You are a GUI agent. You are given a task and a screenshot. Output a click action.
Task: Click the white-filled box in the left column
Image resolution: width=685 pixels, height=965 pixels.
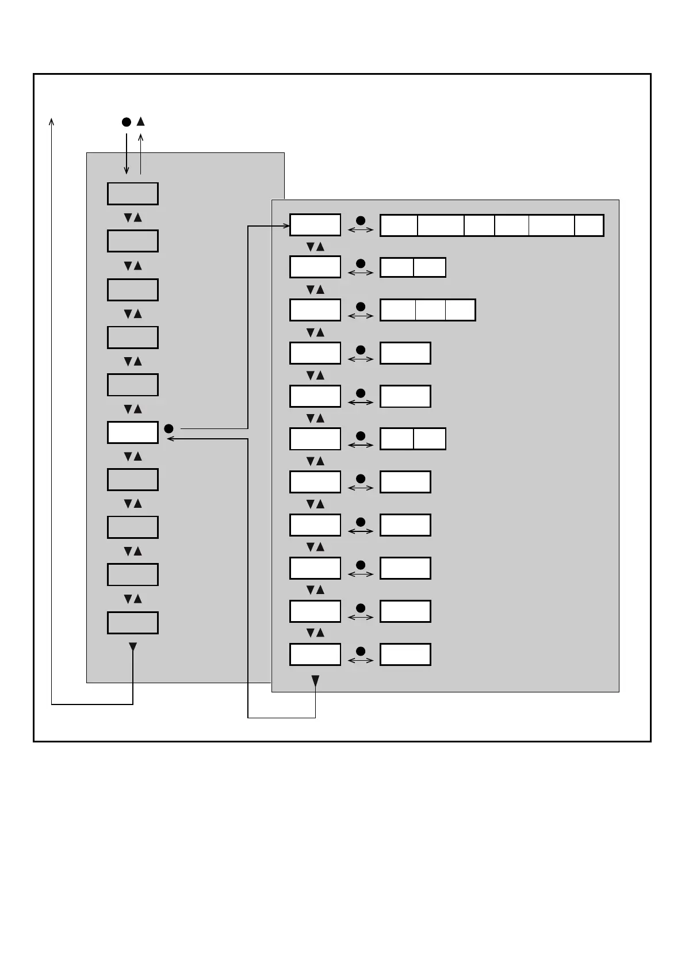(132, 432)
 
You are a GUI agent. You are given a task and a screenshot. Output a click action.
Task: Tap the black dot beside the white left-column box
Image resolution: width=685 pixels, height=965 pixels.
(169, 428)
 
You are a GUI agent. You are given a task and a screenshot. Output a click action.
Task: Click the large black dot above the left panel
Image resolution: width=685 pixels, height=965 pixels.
(127, 122)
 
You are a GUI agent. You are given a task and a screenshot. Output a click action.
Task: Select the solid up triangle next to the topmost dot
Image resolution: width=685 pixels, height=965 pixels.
(140, 121)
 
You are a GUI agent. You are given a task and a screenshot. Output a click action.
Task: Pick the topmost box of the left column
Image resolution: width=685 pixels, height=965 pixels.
(132, 194)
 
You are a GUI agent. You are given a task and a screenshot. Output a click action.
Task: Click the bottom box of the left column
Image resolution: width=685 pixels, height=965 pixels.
(132, 623)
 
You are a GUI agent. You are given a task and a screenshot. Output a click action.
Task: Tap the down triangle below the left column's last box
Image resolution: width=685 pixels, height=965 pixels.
(133, 647)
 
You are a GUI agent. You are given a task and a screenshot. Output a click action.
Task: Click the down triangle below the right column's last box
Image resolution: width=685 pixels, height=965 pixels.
(315, 681)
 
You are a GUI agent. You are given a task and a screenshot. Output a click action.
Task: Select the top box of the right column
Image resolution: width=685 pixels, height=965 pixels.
(315, 225)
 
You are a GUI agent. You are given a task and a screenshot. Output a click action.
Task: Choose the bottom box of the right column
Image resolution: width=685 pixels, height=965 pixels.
(315, 654)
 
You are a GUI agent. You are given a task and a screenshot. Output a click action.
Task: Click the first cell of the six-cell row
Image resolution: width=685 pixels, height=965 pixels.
(399, 225)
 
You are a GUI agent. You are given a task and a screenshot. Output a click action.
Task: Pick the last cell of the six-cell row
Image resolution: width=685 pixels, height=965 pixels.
(589, 225)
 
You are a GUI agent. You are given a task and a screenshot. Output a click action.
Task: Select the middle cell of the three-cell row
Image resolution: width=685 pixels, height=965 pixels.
(430, 310)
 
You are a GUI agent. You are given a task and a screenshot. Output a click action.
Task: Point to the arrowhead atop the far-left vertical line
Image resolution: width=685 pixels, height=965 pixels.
(52, 121)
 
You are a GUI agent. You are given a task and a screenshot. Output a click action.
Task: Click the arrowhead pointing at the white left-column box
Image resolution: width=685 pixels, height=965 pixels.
(170, 439)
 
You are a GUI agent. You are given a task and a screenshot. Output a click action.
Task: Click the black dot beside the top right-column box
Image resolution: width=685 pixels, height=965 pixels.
(361, 220)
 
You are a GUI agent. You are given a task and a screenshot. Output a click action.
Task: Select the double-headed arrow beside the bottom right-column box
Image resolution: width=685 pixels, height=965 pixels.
(361, 661)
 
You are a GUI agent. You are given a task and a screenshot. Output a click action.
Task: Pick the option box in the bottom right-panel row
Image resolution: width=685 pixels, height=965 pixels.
(405, 654)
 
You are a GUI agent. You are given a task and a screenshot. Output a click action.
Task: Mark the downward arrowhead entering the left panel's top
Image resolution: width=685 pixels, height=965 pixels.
(127, 170)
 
